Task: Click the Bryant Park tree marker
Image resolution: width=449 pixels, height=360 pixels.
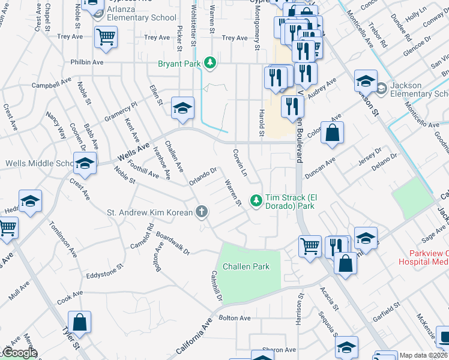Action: pyautogui.click(x=209, y=62)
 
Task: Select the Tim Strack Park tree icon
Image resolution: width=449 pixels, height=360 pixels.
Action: pyautogui.click(x=256, y=199)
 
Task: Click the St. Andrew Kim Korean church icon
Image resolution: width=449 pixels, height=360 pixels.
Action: pyautogui.click(x=202, y=212)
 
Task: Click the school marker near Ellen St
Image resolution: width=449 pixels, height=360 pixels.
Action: pyautogui.click(x=182, y=108)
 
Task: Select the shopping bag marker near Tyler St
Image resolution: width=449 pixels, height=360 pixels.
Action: pyautogui.click(x=79, y=322)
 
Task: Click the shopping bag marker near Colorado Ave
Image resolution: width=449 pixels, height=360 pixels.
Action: pyautogui.click(x=332, y=133)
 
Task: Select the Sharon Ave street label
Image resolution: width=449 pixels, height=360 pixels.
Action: pyautogui.click(x=279, y=350)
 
